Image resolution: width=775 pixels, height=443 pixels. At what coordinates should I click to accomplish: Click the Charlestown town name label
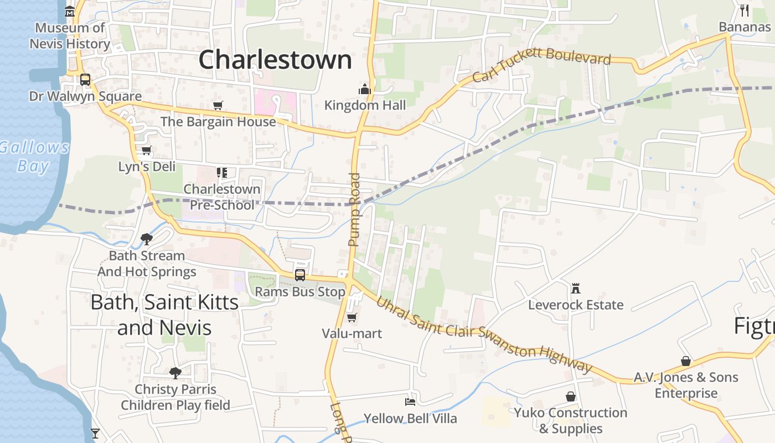click(x=275, y=60)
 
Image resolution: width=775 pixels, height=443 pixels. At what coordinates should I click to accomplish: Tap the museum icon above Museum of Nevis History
click(x=70, y=11)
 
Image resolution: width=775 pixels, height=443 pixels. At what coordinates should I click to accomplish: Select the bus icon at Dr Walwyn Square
click(x=85, y=80)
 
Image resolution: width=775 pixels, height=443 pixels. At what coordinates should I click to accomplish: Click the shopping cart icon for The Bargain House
click(x=218, y=105)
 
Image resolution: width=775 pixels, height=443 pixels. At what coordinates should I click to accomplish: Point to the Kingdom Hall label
click(x=365, y=105)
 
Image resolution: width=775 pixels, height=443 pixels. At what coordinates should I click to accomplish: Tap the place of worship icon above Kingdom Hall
click(x=364, y=89)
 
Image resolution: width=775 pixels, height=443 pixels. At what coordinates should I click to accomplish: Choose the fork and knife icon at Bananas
click(x=745, y=11)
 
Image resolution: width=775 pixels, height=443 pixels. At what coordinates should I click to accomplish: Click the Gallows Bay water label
click(x=34, y=157)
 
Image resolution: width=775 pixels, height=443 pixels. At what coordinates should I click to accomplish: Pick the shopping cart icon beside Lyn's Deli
click(x=147, y=151)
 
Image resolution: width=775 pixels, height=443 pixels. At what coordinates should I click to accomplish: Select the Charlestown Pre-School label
click(x=222, y=197)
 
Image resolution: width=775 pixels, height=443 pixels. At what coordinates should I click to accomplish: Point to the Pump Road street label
click(x=354, y=209)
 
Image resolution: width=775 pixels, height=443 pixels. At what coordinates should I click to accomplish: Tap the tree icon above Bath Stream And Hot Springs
click(x=147, y=239)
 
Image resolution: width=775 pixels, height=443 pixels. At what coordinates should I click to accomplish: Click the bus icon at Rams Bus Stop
click(x=300, y=275)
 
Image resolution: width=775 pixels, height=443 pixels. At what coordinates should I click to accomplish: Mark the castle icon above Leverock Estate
click(x=576, y=289)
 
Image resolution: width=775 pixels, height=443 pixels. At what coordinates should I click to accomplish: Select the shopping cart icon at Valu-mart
click(x=352, y=317)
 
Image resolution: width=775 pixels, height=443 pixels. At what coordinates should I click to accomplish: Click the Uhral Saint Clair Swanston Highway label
click(x=484, y=336)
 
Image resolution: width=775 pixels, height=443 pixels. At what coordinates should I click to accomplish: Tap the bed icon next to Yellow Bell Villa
click(x=410, y=401)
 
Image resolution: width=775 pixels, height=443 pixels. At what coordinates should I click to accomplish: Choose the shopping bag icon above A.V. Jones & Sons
click(x=686, y=361)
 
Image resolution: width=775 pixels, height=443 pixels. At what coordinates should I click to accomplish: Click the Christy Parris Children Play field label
click(x=175, y=397)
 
